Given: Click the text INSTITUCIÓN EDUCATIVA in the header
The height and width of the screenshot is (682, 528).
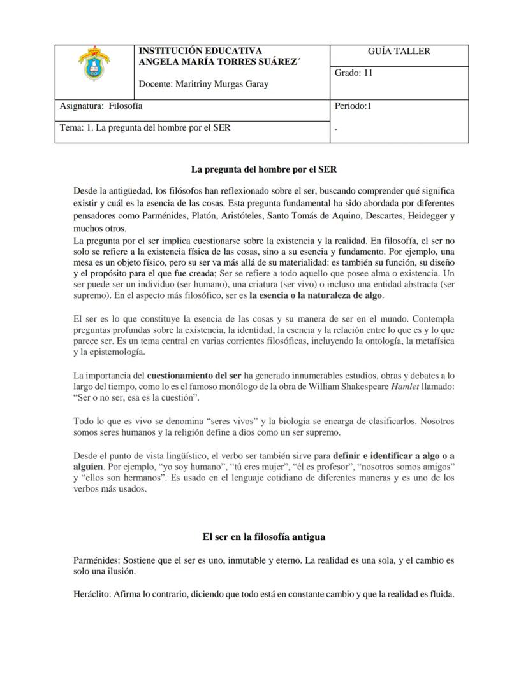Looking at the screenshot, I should click(x=200, y=51).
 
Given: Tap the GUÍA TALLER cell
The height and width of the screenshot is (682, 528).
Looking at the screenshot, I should click(x=399, y=52).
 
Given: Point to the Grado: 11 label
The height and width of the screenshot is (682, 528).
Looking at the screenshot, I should click(x=354, y=73).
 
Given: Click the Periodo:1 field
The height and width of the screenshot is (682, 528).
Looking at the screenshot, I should click(x=353, y=106).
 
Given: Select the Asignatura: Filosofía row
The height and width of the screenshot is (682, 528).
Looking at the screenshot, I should click(x=101, y=106).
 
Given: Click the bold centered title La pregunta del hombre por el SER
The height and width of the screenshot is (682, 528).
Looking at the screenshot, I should click(x=264, y=169).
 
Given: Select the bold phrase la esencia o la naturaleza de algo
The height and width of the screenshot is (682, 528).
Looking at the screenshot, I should click(x=316, y=295).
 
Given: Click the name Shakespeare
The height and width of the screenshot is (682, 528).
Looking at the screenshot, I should click(x=355, y=387).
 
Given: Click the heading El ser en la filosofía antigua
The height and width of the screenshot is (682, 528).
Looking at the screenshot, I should click(x=264, y=536).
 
